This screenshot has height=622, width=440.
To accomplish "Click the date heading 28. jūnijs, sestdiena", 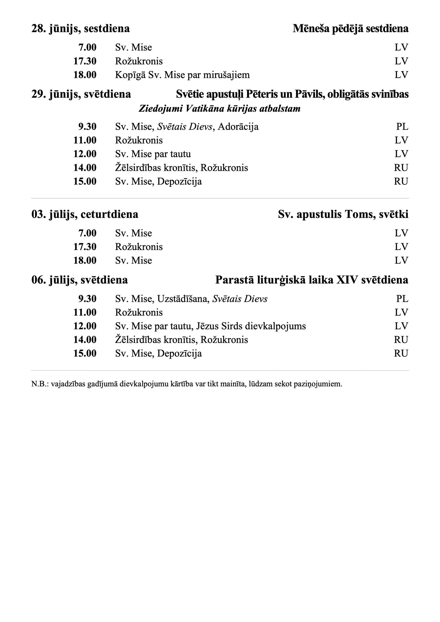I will click(81, 29).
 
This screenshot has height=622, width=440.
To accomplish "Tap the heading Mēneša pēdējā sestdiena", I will click(350, 29).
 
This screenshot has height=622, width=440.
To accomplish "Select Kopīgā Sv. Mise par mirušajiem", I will click(182, 75).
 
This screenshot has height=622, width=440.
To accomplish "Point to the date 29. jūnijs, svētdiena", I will click(81, 94).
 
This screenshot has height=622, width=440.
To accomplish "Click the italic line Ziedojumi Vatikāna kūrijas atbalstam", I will click(219, 109).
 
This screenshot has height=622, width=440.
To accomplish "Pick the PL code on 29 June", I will click(402, 126).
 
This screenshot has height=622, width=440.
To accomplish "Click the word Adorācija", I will click(238, 126).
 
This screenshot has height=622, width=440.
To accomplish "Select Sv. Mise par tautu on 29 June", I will click(153, 154).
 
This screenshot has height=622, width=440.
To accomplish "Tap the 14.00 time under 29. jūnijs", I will click(85, 168).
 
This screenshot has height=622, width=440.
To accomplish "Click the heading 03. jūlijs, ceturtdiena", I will click(85, 214).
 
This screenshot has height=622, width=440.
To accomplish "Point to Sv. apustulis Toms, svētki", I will click(343, 214).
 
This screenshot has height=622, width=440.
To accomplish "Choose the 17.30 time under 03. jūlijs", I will click(85, 247).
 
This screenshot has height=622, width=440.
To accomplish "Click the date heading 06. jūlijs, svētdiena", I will click(80, 280).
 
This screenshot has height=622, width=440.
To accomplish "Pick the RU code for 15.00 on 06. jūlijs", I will click(401, 353).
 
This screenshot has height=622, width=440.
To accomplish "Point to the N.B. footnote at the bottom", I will click(187, 384).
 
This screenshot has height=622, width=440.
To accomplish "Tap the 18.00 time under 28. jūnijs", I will click(85, 75).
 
